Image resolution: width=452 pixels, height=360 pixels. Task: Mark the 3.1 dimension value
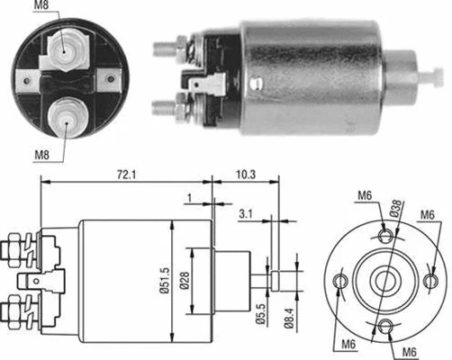(245, 213)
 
